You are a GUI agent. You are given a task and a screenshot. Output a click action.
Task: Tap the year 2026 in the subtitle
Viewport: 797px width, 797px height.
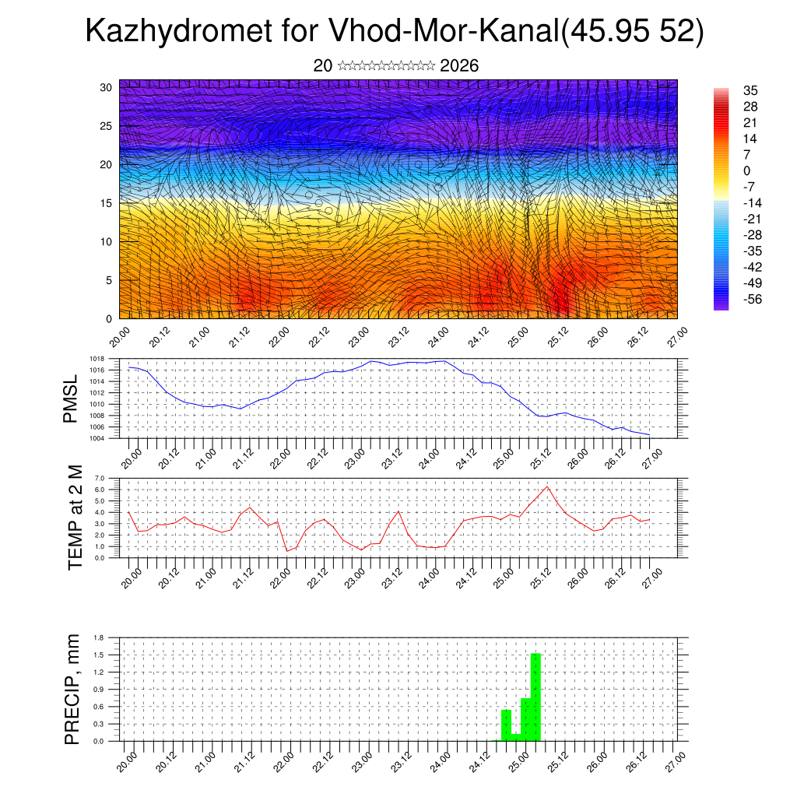(x=459, y=65)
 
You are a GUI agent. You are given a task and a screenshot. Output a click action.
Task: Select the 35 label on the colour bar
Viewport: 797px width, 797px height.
(x=751, y=90)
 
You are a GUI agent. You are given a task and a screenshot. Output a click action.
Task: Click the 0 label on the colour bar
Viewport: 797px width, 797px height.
(x=747, y=170)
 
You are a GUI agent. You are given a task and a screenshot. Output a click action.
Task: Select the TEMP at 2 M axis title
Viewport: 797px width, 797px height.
(x=75, y=518)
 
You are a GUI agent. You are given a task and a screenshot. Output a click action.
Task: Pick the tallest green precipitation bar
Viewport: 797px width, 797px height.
(x=535, y=697)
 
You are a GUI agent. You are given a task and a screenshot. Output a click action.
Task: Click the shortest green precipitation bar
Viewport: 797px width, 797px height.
(x=516, y=737)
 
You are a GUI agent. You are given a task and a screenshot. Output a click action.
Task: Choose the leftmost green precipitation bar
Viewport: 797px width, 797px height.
(x=506, y=725)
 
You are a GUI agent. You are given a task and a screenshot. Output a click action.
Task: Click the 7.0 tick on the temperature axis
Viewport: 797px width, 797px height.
(x=100, y=478)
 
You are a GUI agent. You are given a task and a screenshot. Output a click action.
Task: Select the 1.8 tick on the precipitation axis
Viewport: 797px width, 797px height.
(x=100, y=637)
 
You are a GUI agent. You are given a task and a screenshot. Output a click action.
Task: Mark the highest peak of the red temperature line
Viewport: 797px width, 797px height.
(x=548, y=486)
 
